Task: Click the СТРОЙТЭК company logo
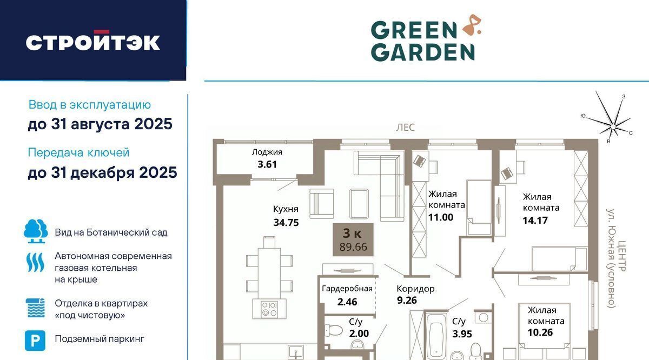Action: pyautogui.click(x=92, y=41)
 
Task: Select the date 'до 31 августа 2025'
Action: pyautogui.click(x=100, y=124)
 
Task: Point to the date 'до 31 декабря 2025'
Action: pyautogui.click(x=102, y=172)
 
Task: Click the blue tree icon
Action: pyautogui.click(x=36, y=231)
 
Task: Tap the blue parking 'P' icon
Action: pyautogui.click(x=35, y=341)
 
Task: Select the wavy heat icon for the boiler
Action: pyautogui.click(x=35, y=262)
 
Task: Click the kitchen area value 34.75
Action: pyautogui.click(x=286, y=222)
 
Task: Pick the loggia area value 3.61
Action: pyautogui.click(x=267, y=164)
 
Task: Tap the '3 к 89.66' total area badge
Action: pyautogui.click(x=353, y=239)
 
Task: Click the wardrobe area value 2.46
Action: pyautogui.click(x=347, y=302)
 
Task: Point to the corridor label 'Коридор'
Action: pyautogui.click(x=415, y=289)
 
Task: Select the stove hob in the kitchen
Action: pyautogui.click(x=269, y=309)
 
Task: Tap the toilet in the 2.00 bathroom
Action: pyautogui.click(x=333, y=330)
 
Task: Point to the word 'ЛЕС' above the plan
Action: pyautogui.click(x=406, y=128)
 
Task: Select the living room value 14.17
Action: pyautogui.click(x=535, y=221)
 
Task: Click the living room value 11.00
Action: pyautogui.click(x=441, y=217)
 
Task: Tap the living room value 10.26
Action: pyautogui.click(x=540, y=332)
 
